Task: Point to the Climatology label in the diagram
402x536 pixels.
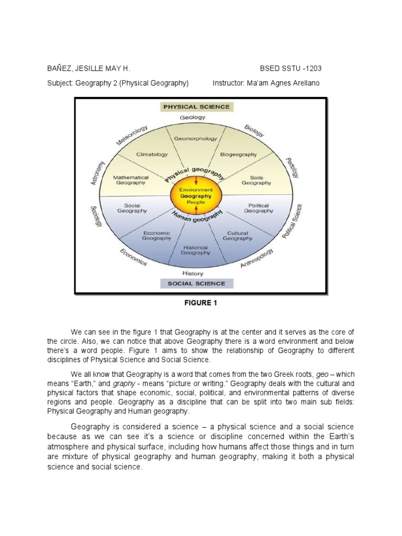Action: [152, 154]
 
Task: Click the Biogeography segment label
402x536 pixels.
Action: [238, 154]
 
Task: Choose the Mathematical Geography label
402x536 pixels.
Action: [131, 180]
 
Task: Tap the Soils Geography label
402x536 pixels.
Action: [256, 180]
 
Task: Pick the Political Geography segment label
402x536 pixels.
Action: [259, 208]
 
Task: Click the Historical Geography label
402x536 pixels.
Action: [195, 250]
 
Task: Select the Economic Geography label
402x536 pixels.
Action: [157, 235]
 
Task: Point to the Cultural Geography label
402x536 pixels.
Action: [237, 236]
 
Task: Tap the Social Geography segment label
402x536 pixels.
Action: [131, 208]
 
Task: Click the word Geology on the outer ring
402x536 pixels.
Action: [192, 118]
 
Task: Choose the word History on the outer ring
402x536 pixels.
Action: [192, 273]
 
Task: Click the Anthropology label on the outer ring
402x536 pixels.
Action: [256, 258]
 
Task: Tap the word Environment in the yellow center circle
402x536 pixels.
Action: [196, 189]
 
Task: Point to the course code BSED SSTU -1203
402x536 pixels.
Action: [294, 69]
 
